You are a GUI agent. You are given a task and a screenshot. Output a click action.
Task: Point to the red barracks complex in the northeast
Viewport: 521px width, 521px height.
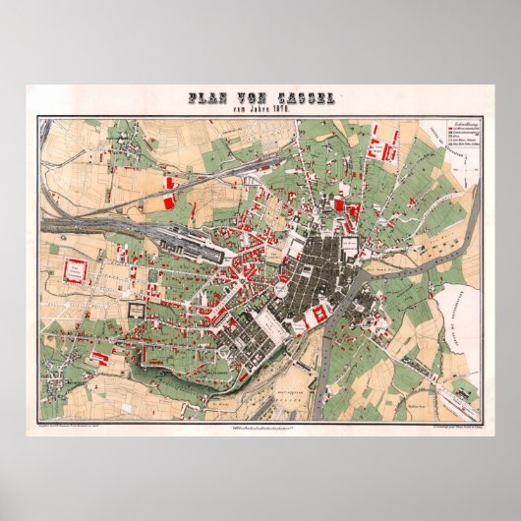379,146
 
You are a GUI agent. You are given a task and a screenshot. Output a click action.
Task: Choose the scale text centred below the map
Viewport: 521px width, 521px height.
260,426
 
